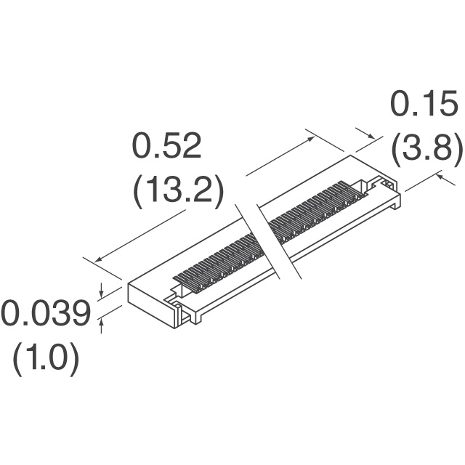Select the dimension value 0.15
click(x=424, y=104)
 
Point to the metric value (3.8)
click(x=427, y=150)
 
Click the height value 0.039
click(x=46, y=313)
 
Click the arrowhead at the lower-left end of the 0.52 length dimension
click(x=98, y=259)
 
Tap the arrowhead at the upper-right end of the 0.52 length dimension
click(x=310, y=139)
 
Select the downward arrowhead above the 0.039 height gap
click(x=102, y=294)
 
